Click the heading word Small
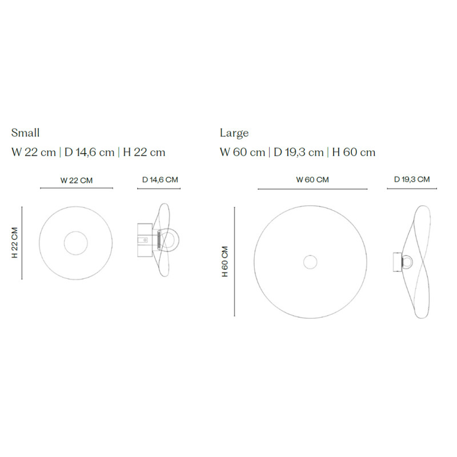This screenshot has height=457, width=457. [26, 133]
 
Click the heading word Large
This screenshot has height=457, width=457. [234, 133]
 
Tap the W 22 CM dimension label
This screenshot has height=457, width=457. [77, 180]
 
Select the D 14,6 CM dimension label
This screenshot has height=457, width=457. [160, 179]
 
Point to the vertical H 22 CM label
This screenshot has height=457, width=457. [15, 243]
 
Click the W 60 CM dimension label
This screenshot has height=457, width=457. [312, 179]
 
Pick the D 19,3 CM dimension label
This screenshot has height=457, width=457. [412, 179]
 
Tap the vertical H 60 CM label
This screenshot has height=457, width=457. [225, 262]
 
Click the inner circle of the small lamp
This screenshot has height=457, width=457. [76, 243]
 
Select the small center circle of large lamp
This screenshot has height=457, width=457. [310, 262]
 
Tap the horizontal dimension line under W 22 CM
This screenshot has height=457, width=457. [77, 189]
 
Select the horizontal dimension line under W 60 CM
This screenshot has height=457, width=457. [312, 189]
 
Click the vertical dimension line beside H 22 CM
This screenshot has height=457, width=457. [22, 243]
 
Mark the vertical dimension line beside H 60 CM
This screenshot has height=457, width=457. [235, 262]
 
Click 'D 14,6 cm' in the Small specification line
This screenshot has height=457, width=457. [89, 153]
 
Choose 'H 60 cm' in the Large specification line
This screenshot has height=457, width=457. [354, 153]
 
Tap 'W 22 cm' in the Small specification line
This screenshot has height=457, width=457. [34, 153]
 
